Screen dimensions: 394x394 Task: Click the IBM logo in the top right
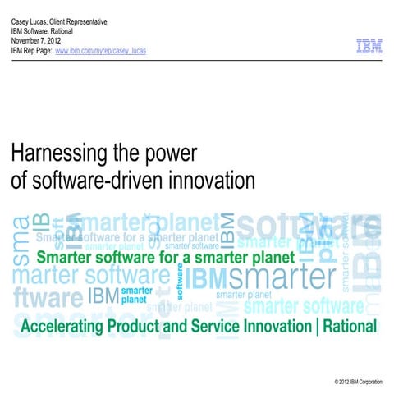[x=369, y=48]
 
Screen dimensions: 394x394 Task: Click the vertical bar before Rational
[x=310, y=327]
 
